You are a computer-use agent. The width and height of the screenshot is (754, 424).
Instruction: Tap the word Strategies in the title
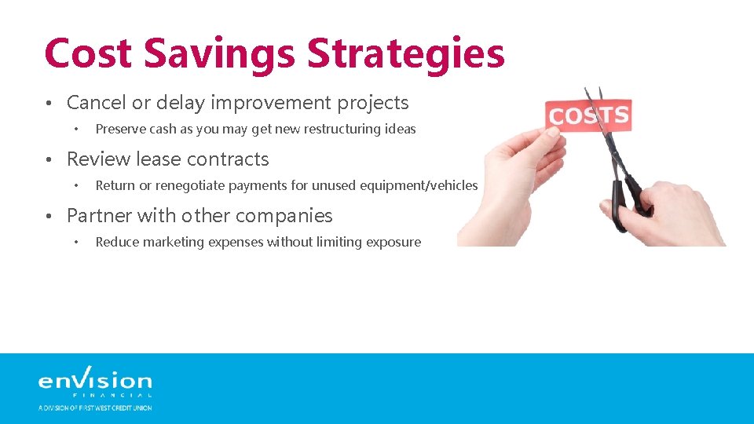tap(406, 53)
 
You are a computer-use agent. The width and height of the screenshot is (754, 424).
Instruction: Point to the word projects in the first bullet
tap(374, 103)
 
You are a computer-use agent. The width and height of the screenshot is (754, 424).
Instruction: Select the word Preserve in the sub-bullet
tap(120, 129)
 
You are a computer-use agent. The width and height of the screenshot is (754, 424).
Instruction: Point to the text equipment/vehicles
tap(419, 185)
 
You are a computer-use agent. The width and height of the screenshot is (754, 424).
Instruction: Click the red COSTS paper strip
tap(588, 116)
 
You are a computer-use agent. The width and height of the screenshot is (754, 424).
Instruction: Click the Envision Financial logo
tap(95, 381)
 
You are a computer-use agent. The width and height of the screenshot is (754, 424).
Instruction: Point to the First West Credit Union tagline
tap(95, 408)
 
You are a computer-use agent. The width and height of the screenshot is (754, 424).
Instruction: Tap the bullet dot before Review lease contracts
tap(49, 160)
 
